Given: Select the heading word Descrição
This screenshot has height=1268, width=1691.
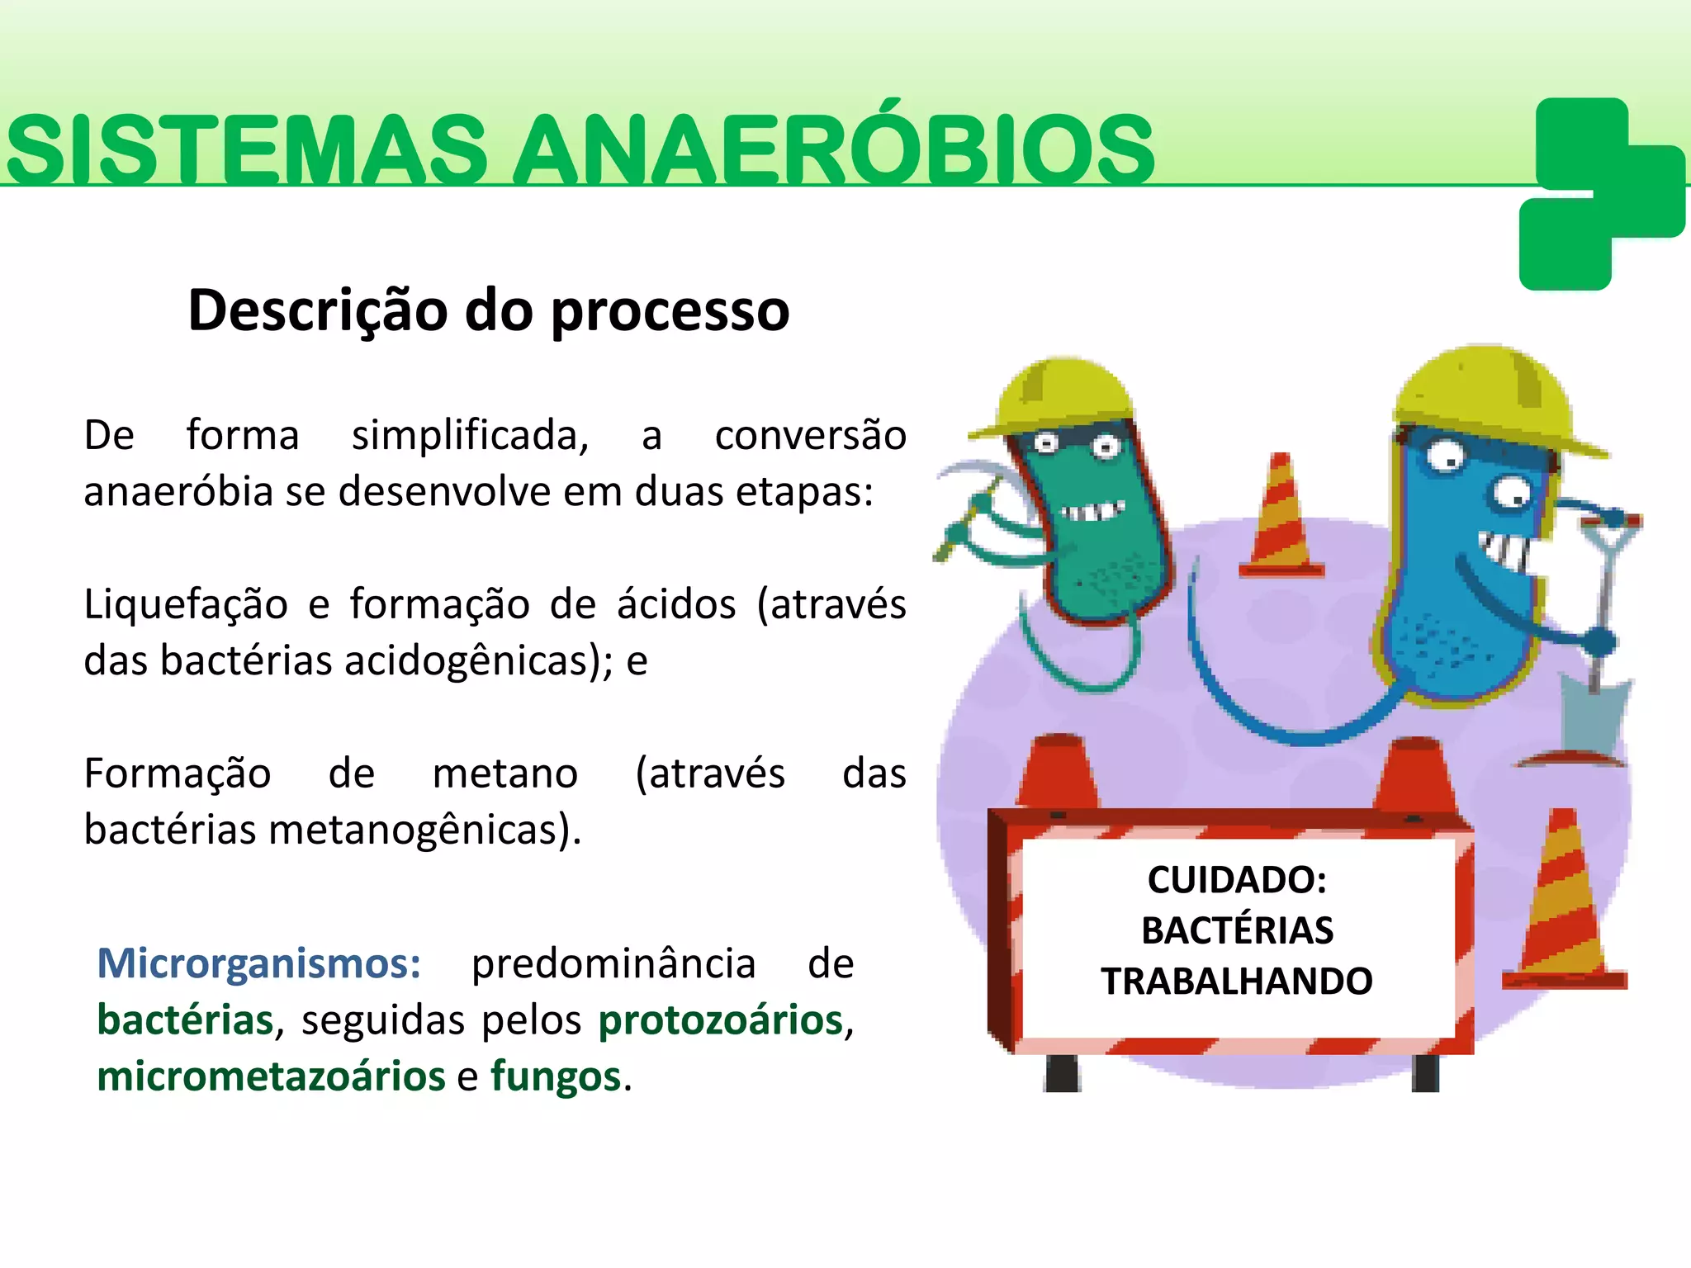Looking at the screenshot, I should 319,310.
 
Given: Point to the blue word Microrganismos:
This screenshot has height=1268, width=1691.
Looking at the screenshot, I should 259,963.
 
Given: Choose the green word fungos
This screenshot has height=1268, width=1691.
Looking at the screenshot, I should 556,1076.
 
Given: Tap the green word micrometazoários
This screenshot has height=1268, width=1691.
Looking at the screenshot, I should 271,1076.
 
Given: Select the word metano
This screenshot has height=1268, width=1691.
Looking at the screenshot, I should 505,774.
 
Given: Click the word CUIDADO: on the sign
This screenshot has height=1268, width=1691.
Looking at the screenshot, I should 1237,880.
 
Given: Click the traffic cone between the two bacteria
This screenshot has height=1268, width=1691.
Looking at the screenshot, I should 1281,516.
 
